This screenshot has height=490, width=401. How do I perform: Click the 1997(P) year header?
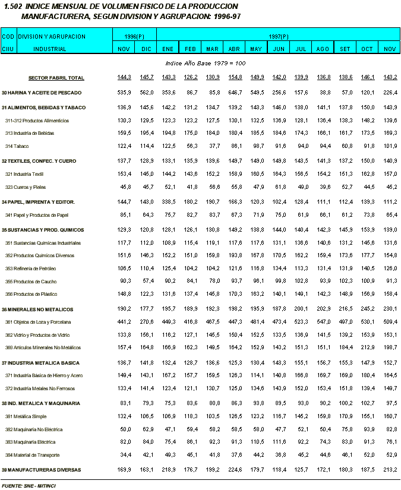277,37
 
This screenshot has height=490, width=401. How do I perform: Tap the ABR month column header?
234,49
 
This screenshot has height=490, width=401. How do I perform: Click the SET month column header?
345,49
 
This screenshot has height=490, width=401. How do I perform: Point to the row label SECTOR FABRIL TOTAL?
56,78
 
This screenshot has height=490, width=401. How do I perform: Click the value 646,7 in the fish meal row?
235,93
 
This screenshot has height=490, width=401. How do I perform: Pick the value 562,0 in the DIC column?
146,93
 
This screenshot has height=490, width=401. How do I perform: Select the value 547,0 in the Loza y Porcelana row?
323,323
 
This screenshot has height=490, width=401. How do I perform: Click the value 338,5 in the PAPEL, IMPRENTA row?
168,202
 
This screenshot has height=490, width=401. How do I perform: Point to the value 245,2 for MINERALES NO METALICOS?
367,309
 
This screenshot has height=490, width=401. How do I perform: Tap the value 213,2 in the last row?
389,470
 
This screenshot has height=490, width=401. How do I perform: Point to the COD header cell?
8,37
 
